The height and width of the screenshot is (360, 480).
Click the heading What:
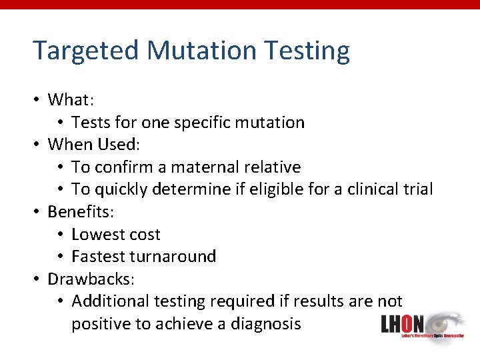coord(71,100)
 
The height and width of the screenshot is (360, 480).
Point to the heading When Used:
coord(92,145)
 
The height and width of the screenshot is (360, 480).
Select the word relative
coord(274,167)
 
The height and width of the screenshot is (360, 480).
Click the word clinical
coord(376,189)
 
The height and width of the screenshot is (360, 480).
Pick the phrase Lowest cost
coord(116,234)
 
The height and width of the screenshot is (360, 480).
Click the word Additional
coord(110,301)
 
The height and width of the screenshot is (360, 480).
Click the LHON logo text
coord(402,325)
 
